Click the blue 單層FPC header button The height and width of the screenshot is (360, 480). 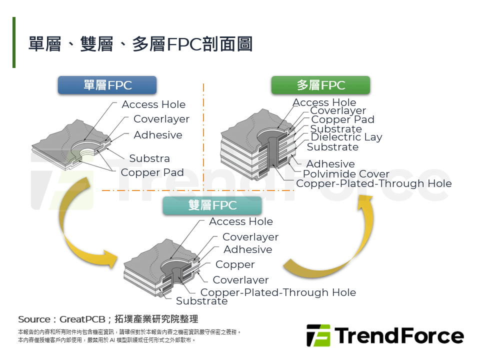(x=107, y=85)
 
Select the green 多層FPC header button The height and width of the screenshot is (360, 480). (x=320, y=85)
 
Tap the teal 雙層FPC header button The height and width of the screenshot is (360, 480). (x=212, y=205)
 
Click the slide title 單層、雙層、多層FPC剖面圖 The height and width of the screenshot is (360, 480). (x=140, y=44)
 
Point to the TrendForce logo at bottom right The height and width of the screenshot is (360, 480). (x=385, y=335)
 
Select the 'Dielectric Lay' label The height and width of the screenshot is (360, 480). (x=346, y=137)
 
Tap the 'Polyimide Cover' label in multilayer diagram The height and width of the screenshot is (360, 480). (x=346, y=174)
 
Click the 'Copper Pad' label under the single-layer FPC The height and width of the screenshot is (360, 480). (x=152, y=172)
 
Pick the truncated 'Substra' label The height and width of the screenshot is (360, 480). (x=149, y=158)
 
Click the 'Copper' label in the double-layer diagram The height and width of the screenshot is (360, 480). (x=235, y=264)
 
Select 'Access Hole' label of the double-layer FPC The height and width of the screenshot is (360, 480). (x=241, y=221)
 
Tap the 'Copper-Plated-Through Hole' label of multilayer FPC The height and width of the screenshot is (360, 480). (x=373, y=183)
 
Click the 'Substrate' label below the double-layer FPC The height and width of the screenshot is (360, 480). (x=201, y=301)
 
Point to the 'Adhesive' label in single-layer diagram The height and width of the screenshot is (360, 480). (x=158, y=135)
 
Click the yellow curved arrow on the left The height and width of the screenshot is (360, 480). (x=80, y=235)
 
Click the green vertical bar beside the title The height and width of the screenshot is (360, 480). (x=14, y=42)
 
